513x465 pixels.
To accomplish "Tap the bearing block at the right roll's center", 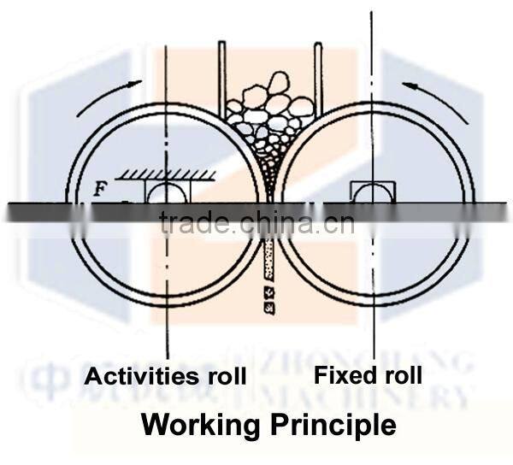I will click(x=371, y=191).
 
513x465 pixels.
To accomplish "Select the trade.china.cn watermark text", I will click(x=256, y=224).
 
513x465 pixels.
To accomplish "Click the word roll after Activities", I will click(x=225, y=376).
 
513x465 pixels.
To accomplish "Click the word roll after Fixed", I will click(x=403, y=374).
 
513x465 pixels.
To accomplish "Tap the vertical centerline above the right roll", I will click(x=371, y=51).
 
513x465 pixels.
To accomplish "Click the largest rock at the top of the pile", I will click(x=278, y=84).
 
